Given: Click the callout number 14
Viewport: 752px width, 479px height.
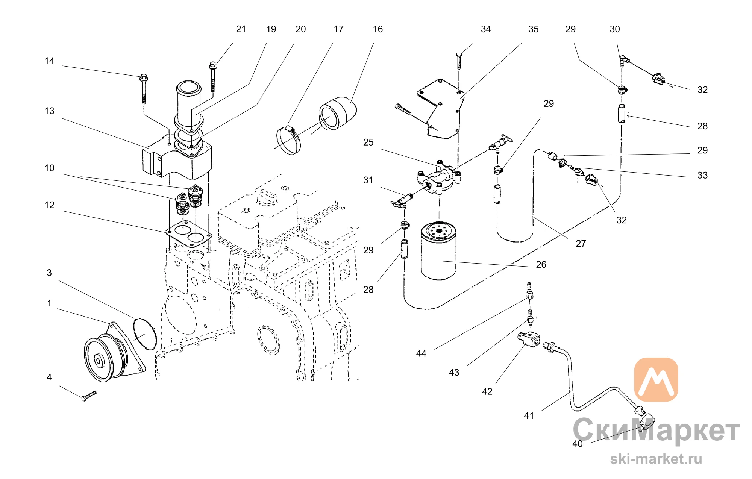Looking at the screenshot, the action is (x=49, y=61).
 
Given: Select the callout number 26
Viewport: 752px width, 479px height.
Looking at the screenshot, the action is (x=541, y=265).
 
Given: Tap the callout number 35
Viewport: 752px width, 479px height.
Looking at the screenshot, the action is (x=533, y=29).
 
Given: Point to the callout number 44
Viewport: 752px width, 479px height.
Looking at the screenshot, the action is (x=421, y=353).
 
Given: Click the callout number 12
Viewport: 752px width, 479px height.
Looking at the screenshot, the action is (x=49, y=205).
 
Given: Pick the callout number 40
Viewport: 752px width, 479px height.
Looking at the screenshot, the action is (x=578, y=444).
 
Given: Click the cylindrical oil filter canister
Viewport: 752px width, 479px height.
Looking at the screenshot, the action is (x=438, y=251).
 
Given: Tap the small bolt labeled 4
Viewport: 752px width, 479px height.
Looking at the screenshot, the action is (x=89, y=396).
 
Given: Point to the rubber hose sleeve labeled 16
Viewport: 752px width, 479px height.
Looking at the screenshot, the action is (x=338, y=113).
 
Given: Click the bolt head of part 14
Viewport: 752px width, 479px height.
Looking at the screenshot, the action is (x=144, y=78).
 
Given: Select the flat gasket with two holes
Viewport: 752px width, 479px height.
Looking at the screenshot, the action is (x=189, y=233).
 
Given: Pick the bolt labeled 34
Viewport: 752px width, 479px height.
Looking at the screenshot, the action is (x=459, y=61).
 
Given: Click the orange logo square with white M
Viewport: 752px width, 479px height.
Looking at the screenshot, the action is (x=656, y=380).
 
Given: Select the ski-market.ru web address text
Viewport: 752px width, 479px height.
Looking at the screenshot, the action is (x=656, y=459).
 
